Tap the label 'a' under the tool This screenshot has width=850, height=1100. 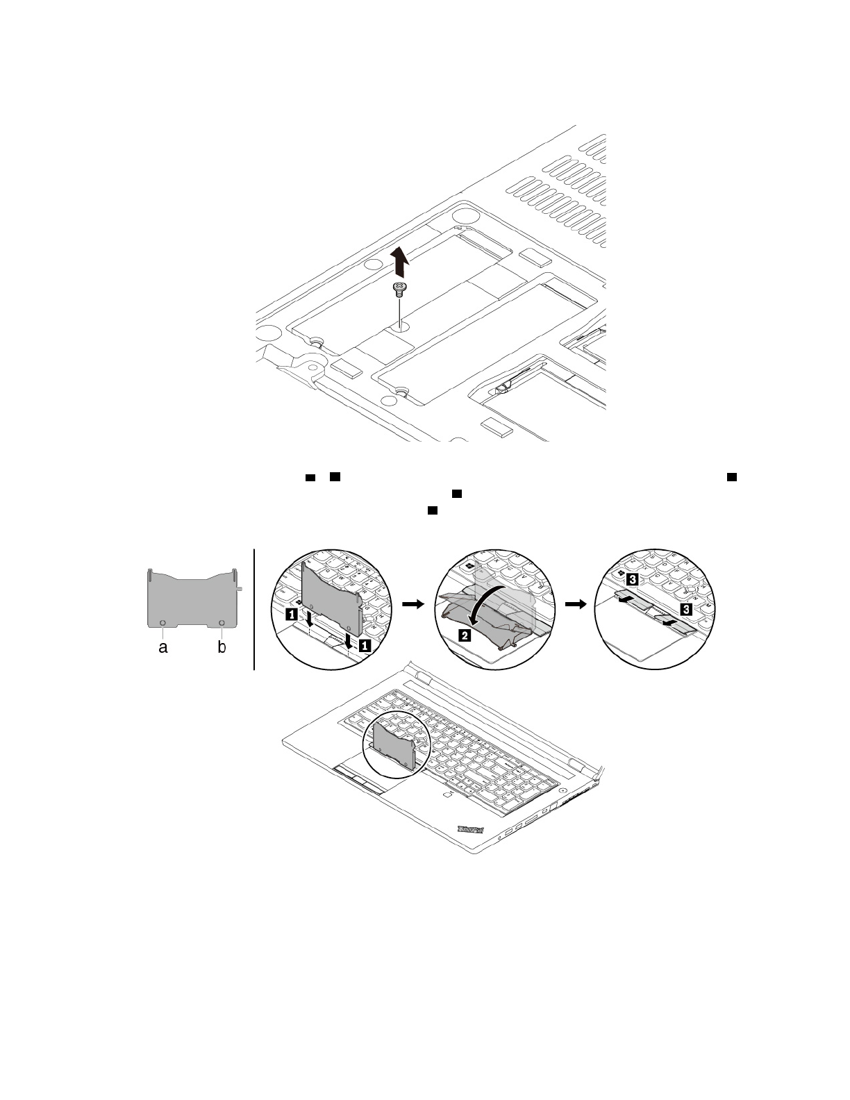click(162, 648)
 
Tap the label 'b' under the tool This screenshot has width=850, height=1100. click(222, 648)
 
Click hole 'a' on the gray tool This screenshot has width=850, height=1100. click(162, 622)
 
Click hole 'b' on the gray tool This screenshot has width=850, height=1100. click(222, 622)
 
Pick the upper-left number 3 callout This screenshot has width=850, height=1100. click(631, 578)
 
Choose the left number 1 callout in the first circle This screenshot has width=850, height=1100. click(292, 614)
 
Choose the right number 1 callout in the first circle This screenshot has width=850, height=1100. click(364, 645)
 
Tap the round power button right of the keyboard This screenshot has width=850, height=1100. click(560, 790)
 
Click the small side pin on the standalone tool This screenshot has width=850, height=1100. click(240, 587)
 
